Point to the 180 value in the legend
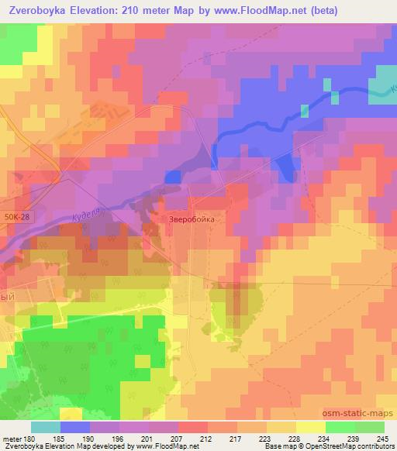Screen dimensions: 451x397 pyautogui.click(x=28, y=439)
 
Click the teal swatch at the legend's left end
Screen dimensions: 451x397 pyautogui.click(x=45, y=427)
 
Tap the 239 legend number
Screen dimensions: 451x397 pyautogui.click(x=355, y=439)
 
